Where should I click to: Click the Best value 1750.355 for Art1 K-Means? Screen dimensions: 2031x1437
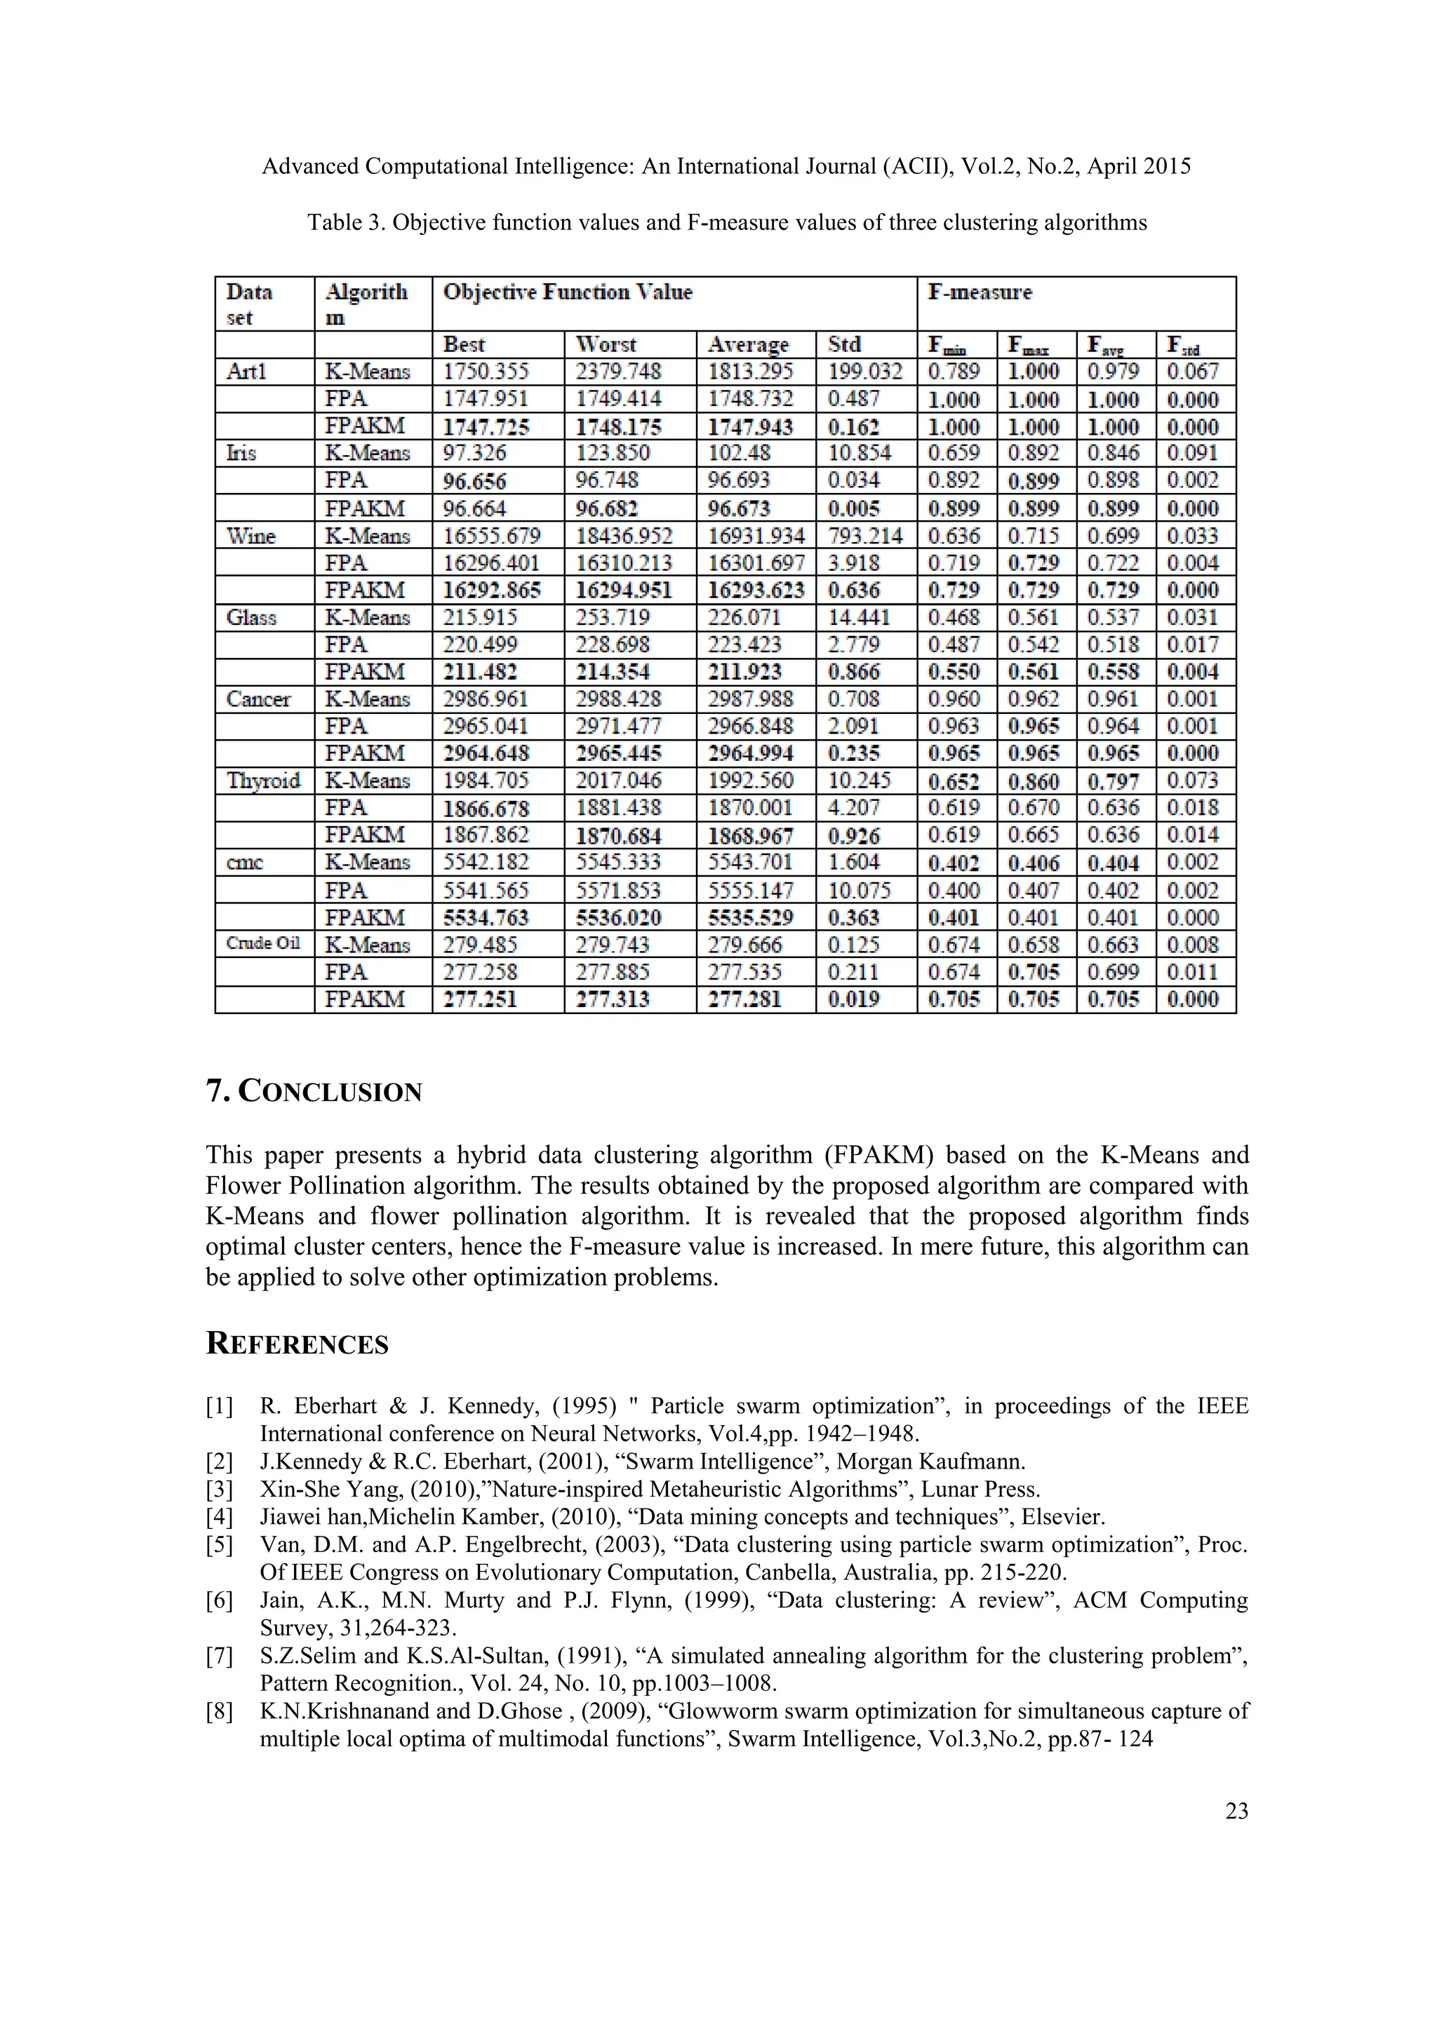(485, 372)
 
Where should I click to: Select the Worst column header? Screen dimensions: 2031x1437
(606, 344)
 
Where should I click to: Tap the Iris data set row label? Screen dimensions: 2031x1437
(241, 454)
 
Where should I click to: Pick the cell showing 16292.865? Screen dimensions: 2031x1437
(492, 590)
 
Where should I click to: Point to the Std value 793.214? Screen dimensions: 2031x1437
(864, 536)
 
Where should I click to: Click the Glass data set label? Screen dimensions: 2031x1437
(251, 617)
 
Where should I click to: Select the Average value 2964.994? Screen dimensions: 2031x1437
(750, 754)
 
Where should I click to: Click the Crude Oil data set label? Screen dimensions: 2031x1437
(263, 943)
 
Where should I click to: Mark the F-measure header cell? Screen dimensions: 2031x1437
(980, 292)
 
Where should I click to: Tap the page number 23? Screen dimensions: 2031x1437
(1236, 1811)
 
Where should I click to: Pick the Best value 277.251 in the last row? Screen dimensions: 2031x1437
(480, 999)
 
